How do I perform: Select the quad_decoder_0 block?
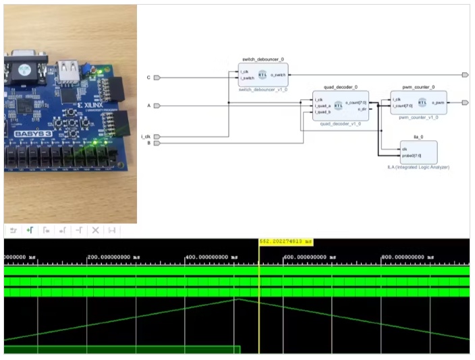tap(340, 105)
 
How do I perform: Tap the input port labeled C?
tap(157, 78)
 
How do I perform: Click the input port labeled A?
tap(157, 106)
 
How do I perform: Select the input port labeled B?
tap(157, 143)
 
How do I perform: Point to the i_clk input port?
tap(157, 137)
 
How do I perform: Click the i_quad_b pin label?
tap(322, 111)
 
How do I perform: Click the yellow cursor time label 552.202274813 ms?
tap(286, 241)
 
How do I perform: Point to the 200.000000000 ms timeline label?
tap(113, 257)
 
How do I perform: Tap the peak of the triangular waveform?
tap(236, 299)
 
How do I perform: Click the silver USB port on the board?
tap(67, 69)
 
